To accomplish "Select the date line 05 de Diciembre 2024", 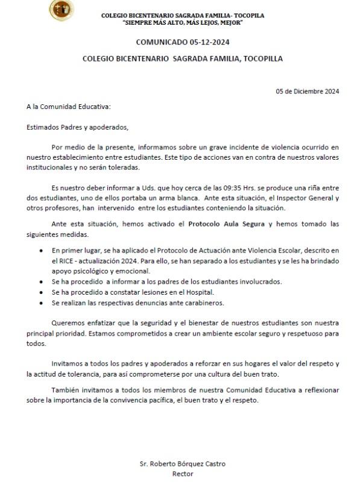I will click(x=308, y=92).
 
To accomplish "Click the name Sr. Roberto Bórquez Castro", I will click(x=182, y=464).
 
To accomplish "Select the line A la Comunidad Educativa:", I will click(x=68, y=106).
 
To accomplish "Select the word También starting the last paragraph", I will click(x=66, y=389).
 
